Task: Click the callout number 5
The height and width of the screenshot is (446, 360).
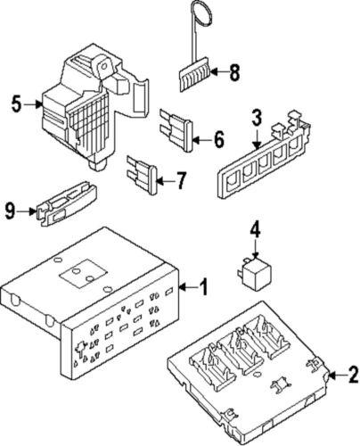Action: tap(15, 104)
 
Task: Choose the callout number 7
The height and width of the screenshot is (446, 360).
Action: tap(181, 182)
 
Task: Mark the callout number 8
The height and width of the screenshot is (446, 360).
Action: tap(235, 74)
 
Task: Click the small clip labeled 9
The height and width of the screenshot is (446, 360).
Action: tap(67, 206)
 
